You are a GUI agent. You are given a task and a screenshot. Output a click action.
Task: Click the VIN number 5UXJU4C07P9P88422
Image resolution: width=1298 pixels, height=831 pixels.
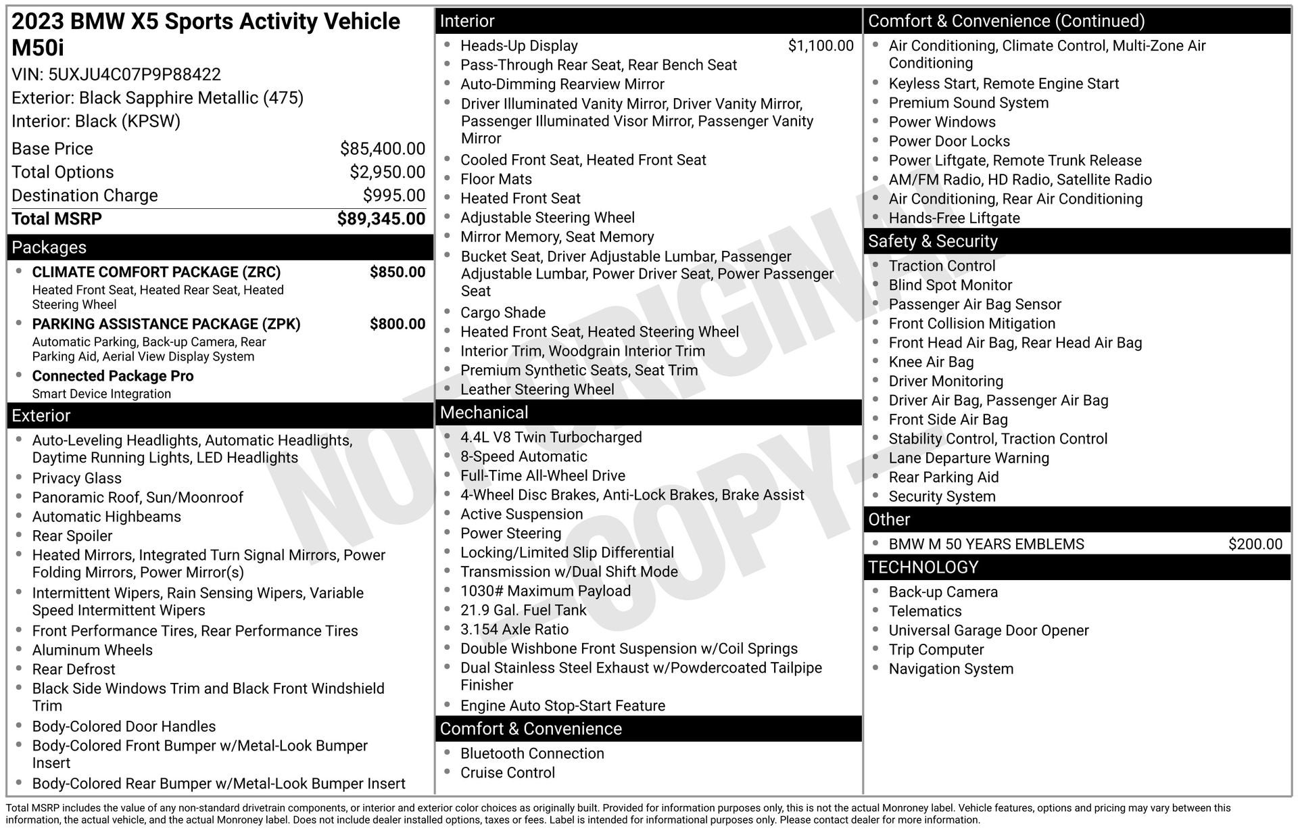coord(135,74)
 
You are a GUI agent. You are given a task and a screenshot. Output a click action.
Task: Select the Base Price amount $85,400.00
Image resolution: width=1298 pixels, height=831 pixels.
coord(382,149)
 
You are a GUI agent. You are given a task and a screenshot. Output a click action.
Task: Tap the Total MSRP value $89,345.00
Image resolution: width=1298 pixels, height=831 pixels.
coord(381,219)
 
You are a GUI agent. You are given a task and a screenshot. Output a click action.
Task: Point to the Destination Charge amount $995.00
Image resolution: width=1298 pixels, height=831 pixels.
coord(393,195)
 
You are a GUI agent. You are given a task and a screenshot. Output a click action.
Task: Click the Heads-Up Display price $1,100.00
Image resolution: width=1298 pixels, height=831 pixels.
coord(820,46)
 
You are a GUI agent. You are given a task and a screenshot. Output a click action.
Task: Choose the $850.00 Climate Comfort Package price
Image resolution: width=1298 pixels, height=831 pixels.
coord(397,272)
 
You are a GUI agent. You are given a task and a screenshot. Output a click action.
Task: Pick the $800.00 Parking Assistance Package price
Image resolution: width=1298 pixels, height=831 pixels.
coord(397,325)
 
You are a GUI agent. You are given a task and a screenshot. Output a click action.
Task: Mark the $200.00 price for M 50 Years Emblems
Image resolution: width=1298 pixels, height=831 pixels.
coord(1255,544)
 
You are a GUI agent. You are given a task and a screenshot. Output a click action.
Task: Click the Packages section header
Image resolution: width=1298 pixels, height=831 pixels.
coord(49,247)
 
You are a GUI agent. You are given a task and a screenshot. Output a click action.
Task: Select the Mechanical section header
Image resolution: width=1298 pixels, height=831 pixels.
coord(484,412)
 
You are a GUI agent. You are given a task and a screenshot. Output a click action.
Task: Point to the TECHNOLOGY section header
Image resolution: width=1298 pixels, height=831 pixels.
coord(923,567)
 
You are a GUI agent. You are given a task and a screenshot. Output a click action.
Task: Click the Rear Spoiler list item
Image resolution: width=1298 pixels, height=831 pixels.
coord(72,536)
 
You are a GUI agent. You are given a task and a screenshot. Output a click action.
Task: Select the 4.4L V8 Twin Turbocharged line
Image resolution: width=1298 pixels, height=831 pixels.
coord(551,437)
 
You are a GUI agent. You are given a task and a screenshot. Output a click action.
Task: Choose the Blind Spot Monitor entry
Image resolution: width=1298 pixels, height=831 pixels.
coord(950,285)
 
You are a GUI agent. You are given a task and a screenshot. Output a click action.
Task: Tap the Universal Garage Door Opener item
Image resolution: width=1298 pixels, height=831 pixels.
coord(988,631)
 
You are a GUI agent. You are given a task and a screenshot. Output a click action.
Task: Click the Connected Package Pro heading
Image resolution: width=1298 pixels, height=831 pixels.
coord(113,377)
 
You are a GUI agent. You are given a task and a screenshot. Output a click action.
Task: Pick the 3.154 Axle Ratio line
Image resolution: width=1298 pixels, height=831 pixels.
coord(514,630)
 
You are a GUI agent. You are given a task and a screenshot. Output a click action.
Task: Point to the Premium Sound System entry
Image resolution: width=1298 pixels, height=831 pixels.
coord(968,103)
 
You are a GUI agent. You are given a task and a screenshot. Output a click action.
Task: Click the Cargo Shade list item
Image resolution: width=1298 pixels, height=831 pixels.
coord(502,313)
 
